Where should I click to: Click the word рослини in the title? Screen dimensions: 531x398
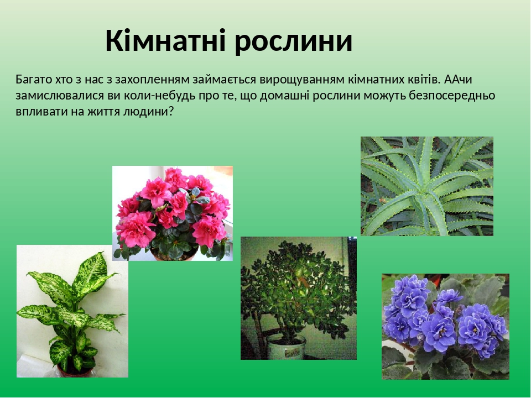pyautogui.click(x=294, y=43)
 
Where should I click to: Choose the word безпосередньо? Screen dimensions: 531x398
pyautogui.click(x=452, y=96)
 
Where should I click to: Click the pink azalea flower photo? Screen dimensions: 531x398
pyautogui.click(x=173, y=213)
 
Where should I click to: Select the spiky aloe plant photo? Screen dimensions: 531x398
pyautogui.click(x=426, y=186)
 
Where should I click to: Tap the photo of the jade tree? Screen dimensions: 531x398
pyautogui.click(x=298, y=298)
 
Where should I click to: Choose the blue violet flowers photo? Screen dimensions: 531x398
pyautogui.click(x=445, y=327)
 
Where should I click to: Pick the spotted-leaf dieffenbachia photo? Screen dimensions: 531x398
pyautogui.click(x=72, y=311)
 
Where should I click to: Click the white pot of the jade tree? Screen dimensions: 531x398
pyautogui.click(x=286, y=347)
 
